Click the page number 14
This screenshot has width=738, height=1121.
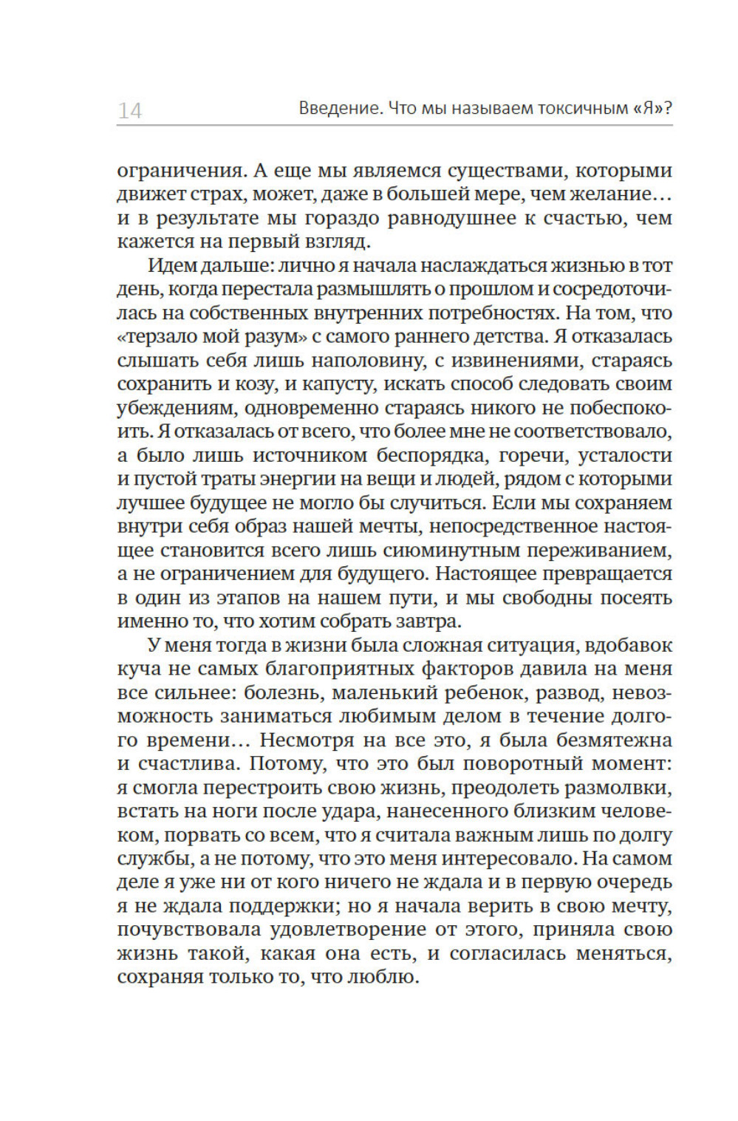(130, 111)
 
